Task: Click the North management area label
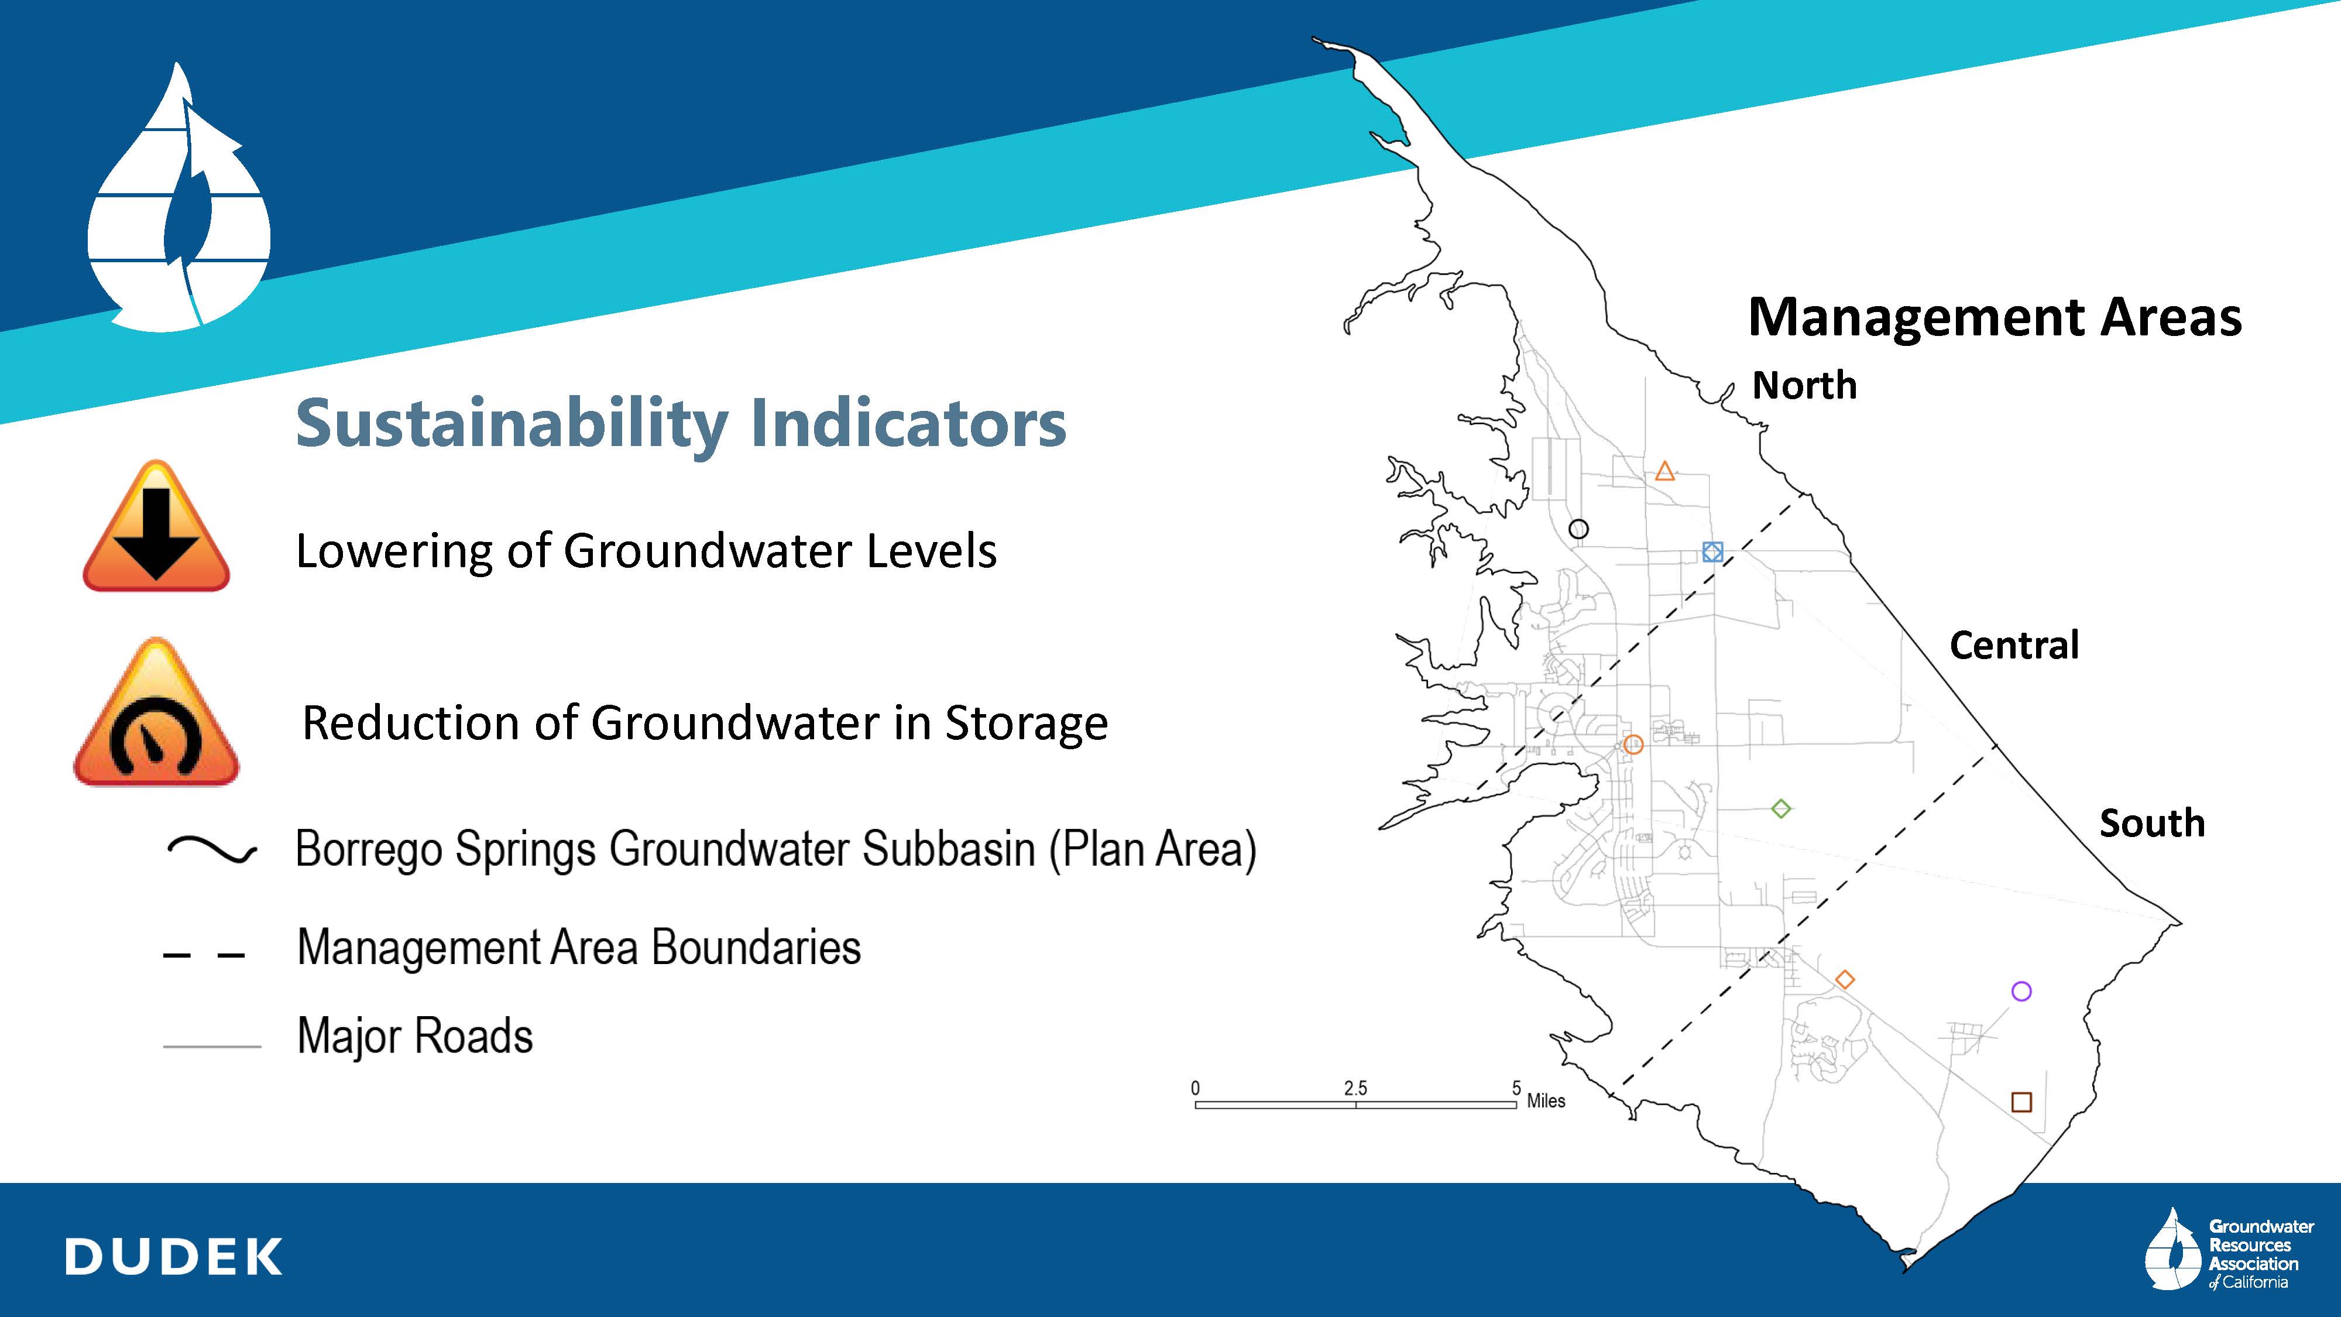point(1804,385)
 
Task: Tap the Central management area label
point(2014,645)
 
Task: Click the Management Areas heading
point(1995,318)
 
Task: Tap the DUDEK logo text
point(174,1257)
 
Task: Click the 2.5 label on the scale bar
point(1355,1088)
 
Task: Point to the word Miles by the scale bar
point(1546,1100)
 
